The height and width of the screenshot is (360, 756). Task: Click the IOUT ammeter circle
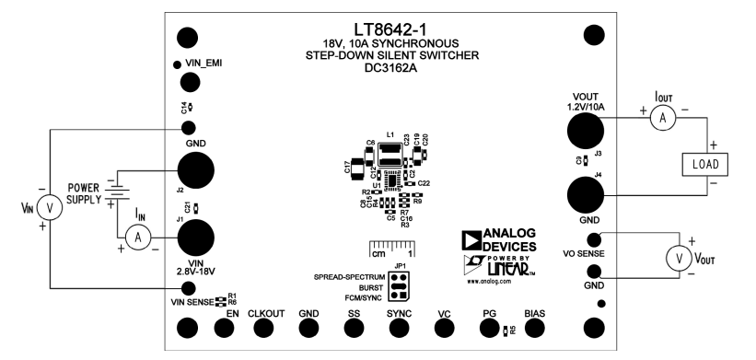coord(659,117)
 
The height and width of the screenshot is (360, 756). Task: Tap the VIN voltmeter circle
coord(52,209)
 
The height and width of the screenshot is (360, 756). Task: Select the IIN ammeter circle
coord(137,237)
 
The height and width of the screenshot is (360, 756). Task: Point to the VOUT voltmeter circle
coord(680,259)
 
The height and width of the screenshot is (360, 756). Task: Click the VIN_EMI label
coord(204,63)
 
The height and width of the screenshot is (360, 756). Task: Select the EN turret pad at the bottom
coord(189,327)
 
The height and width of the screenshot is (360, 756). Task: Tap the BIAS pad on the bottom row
coord(535,327)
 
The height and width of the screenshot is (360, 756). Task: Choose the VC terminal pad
coord(446,327)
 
